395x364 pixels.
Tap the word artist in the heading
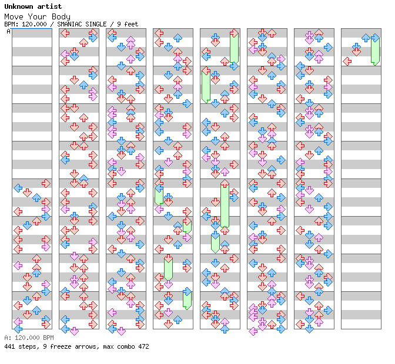point(49,6)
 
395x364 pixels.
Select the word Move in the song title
point(14,17)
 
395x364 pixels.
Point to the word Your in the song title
point(37,17)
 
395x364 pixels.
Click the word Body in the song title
point(61,17)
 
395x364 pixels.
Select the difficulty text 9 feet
point(128,24)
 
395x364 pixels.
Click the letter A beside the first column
point(8,31)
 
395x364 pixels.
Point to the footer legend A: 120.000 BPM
point(29,338)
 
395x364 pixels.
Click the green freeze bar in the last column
point(375,51)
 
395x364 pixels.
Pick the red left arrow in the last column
point(347,61)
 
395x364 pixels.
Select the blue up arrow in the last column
point(366,38)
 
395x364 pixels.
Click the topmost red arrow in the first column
point(46,183)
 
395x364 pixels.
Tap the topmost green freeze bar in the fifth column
point(234,48)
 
